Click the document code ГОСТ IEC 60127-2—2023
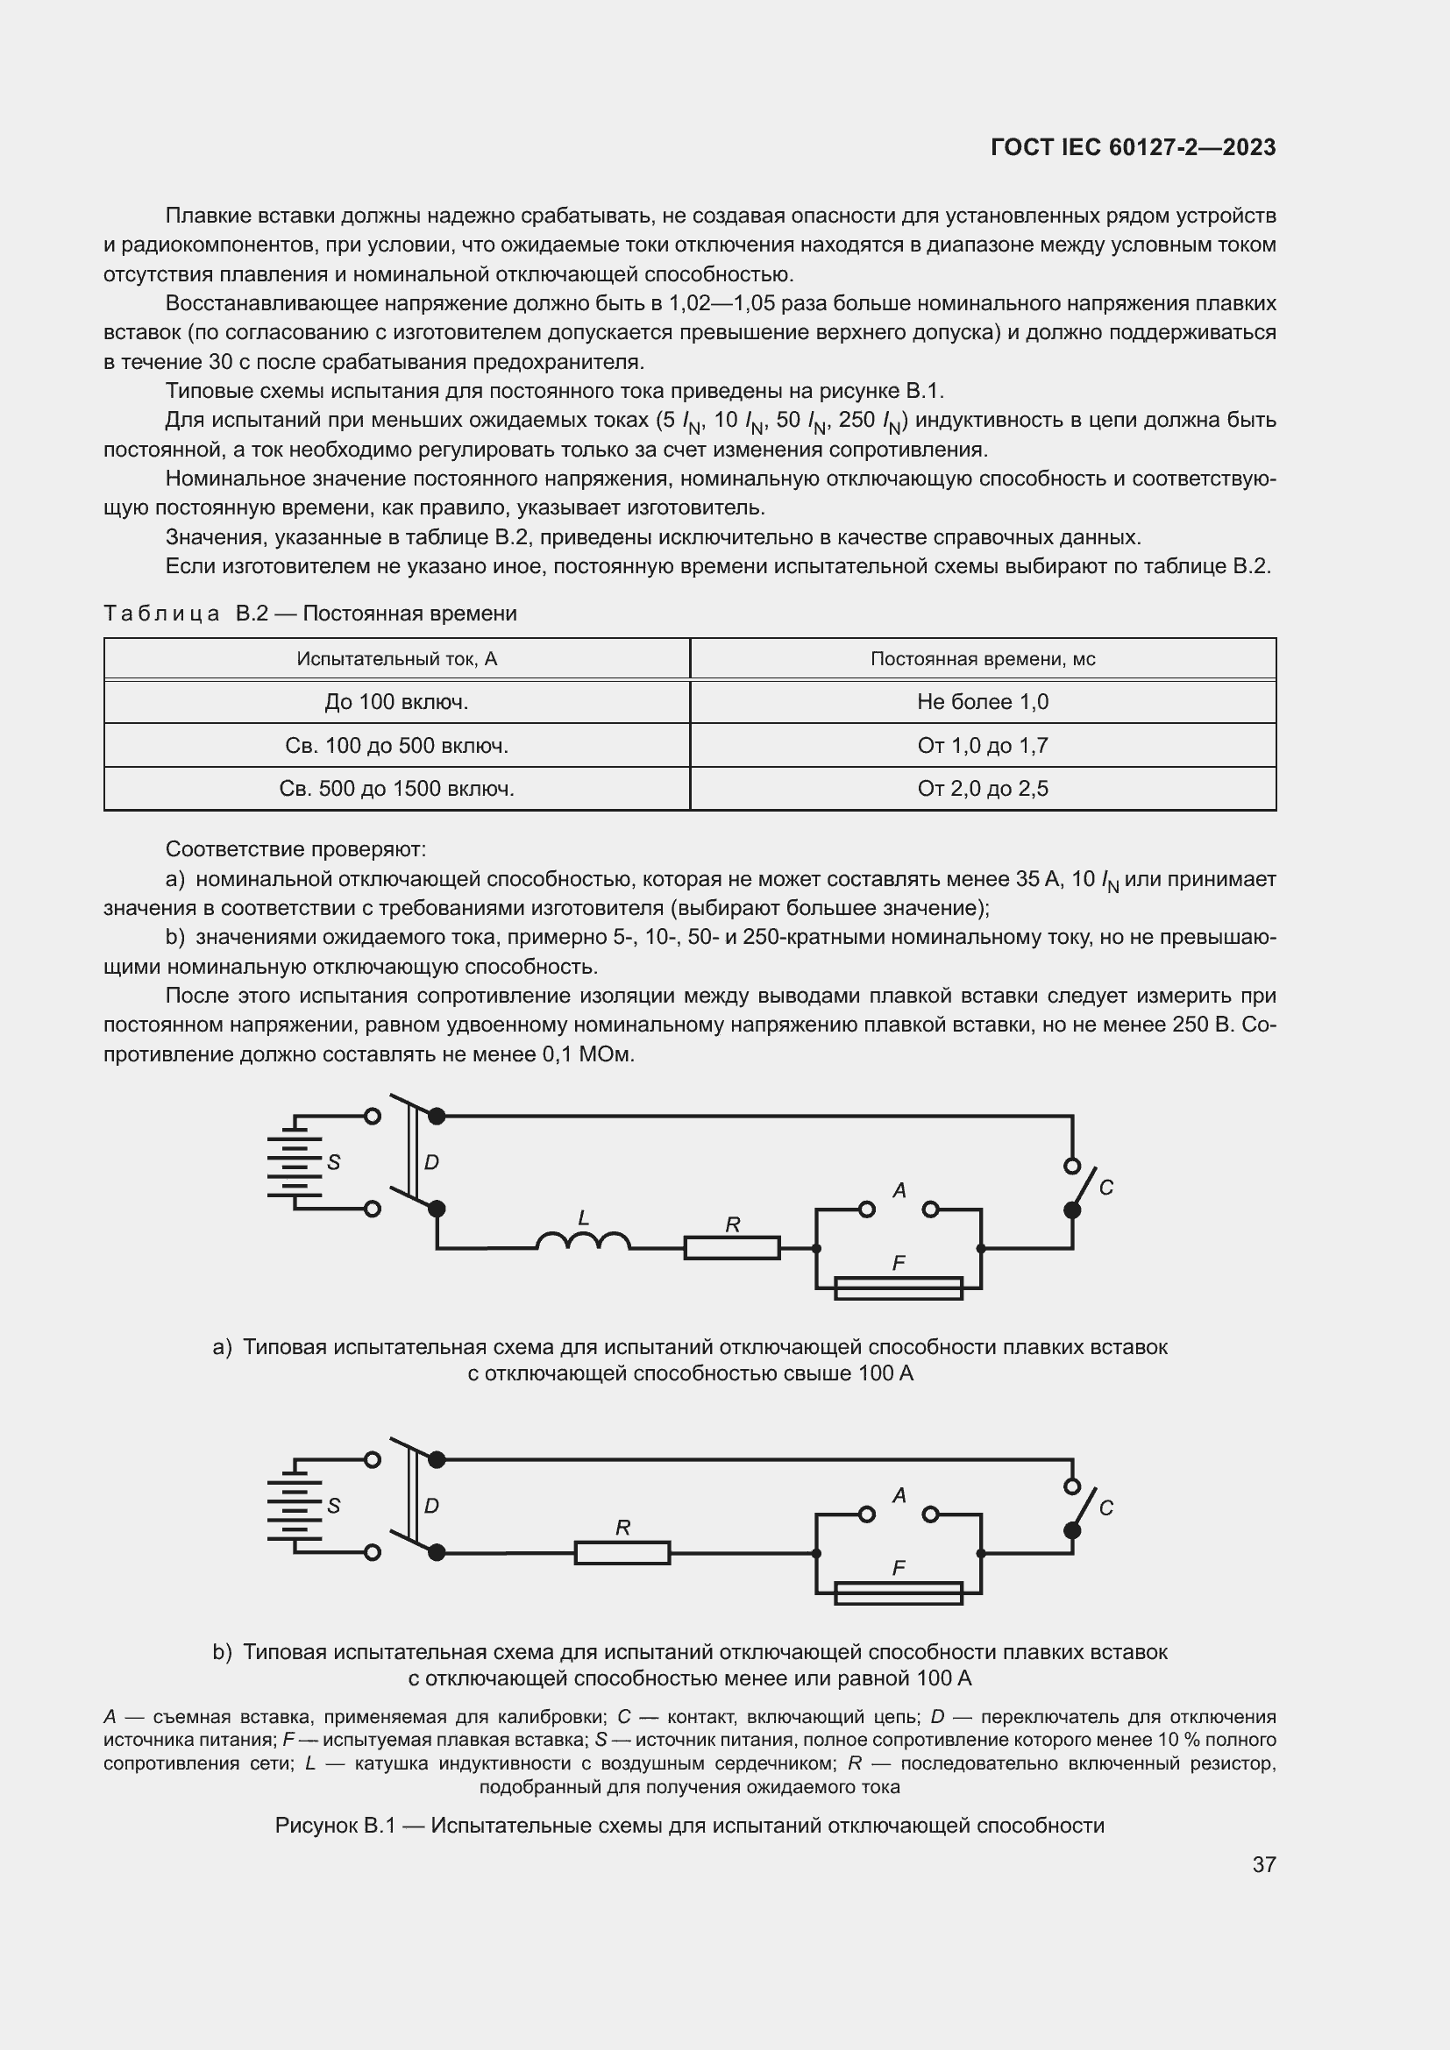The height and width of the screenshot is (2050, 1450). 1132,147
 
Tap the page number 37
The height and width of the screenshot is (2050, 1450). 1263,1864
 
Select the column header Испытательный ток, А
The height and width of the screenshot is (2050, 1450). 396,659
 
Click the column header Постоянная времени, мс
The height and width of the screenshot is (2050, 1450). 982,659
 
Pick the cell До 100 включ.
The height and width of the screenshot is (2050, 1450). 396,702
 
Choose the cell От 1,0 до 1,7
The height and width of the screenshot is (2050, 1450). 982,746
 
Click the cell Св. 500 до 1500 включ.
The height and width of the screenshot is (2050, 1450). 396,789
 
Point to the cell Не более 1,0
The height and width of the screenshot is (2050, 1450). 982,702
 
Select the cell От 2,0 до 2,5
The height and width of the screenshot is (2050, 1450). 982,789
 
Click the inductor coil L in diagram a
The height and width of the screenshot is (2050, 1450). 583,1240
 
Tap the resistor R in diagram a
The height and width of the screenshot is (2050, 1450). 732,1247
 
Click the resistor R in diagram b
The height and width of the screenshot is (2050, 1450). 622,1553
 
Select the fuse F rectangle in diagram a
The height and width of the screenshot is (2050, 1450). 899,1288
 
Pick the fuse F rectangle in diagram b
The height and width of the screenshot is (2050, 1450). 899,1592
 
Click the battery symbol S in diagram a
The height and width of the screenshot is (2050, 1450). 294,1162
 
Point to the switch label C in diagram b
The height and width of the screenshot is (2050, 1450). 1105,1508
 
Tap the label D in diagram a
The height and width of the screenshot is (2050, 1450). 431,1162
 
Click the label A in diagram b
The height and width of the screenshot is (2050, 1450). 899,1494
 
